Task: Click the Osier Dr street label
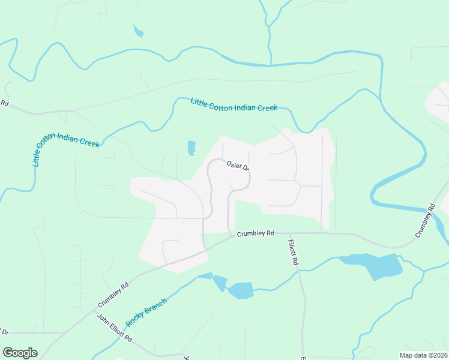point(237,166)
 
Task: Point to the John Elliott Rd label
point(115,328)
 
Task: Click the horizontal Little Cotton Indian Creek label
point(234,105)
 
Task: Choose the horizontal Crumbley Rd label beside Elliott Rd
point(255,233)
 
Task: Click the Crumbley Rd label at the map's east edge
point(424,220)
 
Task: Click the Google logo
point(20,353)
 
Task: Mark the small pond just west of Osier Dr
point(191,148)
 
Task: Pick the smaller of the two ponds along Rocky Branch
point(220,283)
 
